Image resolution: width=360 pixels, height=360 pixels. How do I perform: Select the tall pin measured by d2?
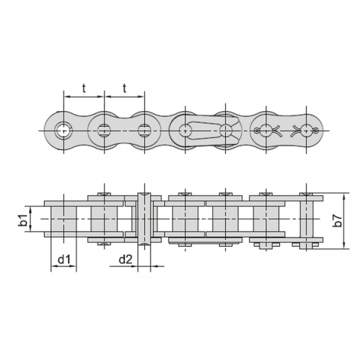point(145,219)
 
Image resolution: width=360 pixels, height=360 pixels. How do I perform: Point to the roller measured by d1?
point(64,219)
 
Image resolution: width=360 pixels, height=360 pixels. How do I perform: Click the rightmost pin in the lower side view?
point(305,219)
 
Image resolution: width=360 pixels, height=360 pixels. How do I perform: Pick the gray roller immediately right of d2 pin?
point(184,219)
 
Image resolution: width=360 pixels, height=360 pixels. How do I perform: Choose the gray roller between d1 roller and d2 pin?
point(103,219)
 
